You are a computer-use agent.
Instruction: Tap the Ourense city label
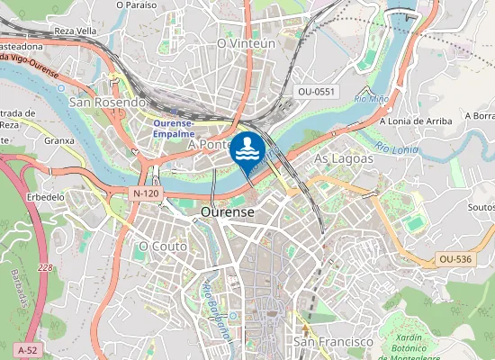[x=228, y=211]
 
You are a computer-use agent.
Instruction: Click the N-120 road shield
[x=146, y=193]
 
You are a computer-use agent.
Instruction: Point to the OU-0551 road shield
[x=316, y=92]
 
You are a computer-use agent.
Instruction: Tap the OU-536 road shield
[x=455, y=259]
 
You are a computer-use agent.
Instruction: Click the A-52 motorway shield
[x=26, y=348]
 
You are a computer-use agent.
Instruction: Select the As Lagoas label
[x=343, y=158]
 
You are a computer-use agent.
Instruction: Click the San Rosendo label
[x=107, y=103]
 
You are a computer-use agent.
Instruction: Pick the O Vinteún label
[x=247, y=43]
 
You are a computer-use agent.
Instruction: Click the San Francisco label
[x=333, y=342]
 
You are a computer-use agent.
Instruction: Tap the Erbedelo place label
[x=46, y=196]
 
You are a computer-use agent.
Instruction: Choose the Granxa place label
[x=58, y=140]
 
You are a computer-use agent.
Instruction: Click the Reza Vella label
[x=76, y=31]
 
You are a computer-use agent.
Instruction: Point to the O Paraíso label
[x=137, y=4]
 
